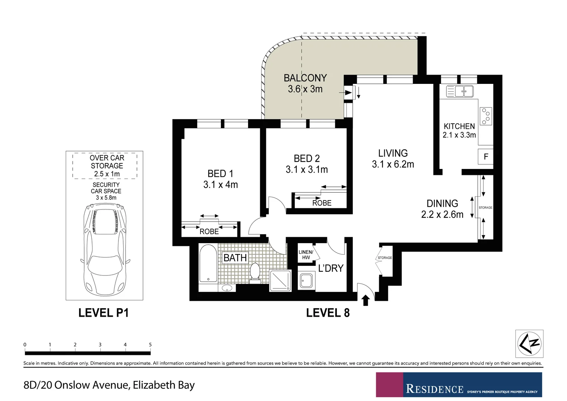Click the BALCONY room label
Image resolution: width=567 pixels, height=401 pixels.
305,78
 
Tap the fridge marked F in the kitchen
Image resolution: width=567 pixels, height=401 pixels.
485,157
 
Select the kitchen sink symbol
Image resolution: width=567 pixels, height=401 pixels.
460,91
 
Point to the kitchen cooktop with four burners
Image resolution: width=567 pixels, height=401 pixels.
486,116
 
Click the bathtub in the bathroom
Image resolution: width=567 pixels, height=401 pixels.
208,264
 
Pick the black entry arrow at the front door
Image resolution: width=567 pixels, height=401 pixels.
366,300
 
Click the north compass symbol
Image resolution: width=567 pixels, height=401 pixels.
529,343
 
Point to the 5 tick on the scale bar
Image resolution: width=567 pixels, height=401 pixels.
150,345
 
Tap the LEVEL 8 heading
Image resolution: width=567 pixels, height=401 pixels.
328,313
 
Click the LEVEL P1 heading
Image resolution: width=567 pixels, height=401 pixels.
104,313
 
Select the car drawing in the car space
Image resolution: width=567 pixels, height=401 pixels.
105,248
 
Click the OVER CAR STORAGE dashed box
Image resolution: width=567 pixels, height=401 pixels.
105,166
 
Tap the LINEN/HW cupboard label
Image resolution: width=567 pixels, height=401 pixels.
306,255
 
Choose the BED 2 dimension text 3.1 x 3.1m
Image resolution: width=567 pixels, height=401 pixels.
307,170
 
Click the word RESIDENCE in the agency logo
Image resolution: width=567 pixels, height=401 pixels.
434,389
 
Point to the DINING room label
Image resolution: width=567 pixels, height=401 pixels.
442,203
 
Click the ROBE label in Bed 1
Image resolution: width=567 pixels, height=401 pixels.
209,232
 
